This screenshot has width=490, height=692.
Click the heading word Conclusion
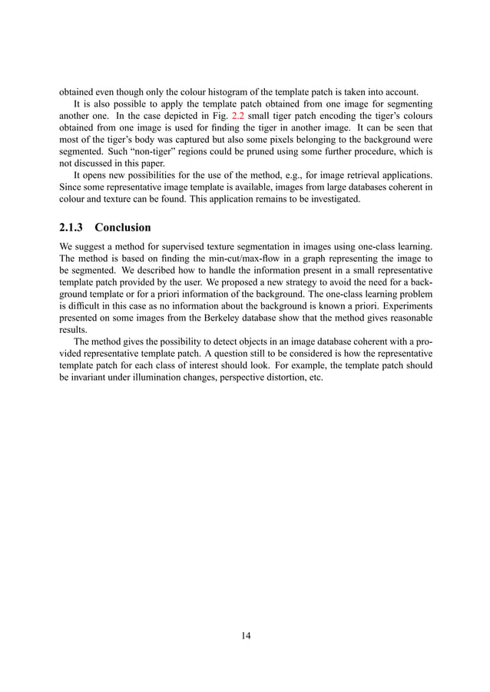(x=122, y=228)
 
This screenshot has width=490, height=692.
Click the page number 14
(x=245, y=635)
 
